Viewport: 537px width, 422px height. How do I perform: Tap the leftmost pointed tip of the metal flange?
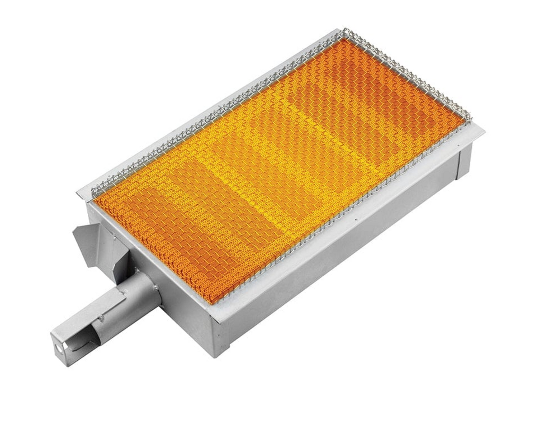[77, 191]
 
